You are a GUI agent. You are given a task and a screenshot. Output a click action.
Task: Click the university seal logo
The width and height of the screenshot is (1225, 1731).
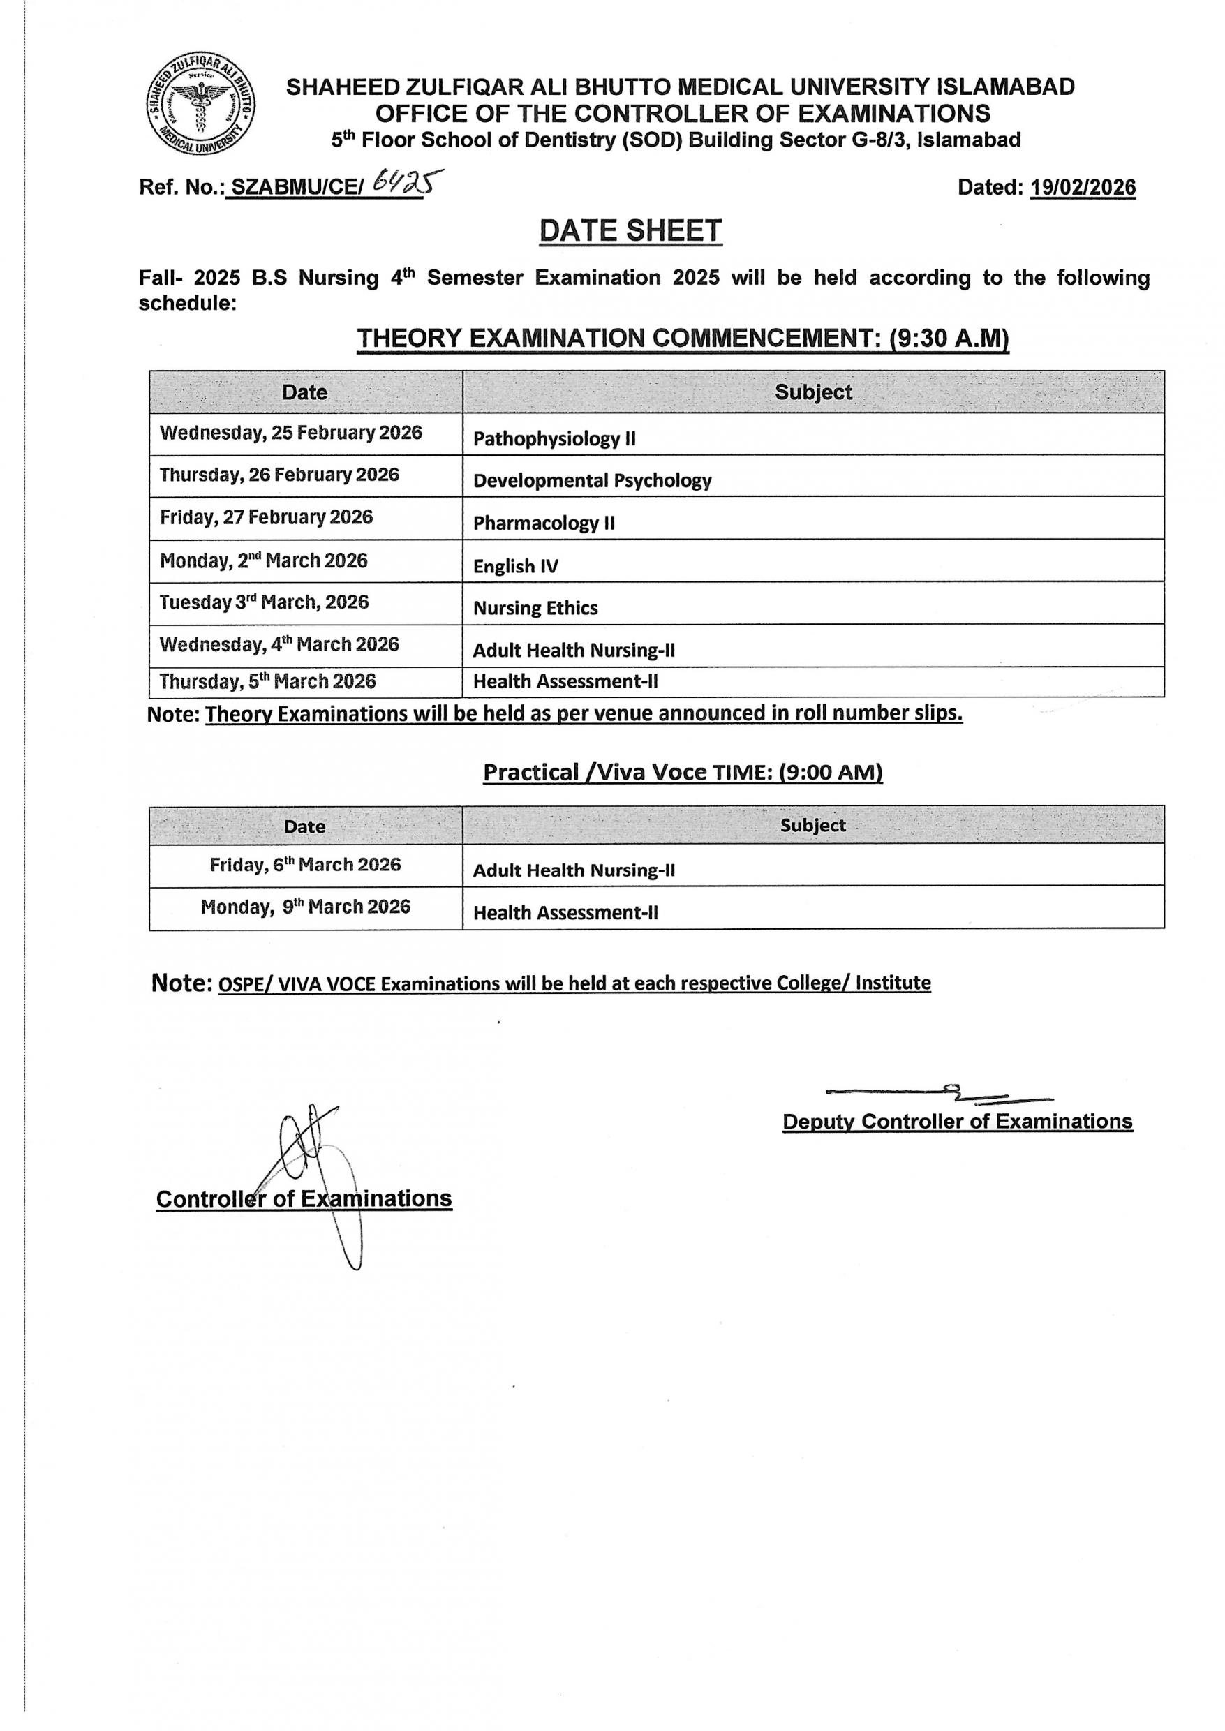tap(200, 105)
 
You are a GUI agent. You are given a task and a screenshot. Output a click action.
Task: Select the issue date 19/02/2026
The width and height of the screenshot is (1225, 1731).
tap(1083, 187)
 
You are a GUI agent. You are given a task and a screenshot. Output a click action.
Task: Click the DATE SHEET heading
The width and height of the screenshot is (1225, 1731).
tap(630, 231)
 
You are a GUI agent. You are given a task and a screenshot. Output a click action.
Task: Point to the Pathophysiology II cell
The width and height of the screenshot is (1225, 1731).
tap(554, 438)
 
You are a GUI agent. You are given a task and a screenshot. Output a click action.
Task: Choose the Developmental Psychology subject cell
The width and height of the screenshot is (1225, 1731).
tap(592, 480)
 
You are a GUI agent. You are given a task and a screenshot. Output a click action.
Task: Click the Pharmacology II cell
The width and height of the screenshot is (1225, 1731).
tap(544, 523)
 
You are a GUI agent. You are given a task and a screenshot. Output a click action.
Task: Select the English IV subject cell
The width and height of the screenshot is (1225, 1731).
tap(516, 565)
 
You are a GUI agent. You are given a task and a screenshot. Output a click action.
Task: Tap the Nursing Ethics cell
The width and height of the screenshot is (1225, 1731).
tap(535, 608)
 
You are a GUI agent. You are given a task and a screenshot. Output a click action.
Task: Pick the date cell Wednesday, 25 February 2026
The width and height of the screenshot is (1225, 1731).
tap(291, 433)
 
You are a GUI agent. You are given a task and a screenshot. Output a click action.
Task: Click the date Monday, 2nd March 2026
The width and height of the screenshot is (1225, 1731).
tap(264, 560)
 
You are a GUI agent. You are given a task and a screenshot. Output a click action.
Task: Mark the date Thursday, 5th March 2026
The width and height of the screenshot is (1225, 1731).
tap(268, 682)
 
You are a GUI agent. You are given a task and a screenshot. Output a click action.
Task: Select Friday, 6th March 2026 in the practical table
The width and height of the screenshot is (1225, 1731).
tap(306, 864)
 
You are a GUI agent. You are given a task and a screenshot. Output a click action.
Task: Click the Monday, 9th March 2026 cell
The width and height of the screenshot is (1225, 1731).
tap(306, 907)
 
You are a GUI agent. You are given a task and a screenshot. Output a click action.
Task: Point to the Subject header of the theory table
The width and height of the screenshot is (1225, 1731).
tap(813, 392)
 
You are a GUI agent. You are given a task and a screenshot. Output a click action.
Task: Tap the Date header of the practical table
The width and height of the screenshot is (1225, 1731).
tap(305, 826)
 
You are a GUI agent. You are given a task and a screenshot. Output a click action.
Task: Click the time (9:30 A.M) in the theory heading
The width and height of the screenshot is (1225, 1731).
tap(948, 339)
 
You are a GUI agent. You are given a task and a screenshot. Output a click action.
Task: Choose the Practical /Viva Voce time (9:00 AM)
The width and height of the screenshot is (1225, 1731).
tap(831, 773)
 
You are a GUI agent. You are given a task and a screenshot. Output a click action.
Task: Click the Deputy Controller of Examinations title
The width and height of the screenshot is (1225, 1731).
tap(957, 1122)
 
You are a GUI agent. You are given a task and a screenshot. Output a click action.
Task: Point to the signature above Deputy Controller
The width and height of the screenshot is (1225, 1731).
tap(939, 1093)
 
